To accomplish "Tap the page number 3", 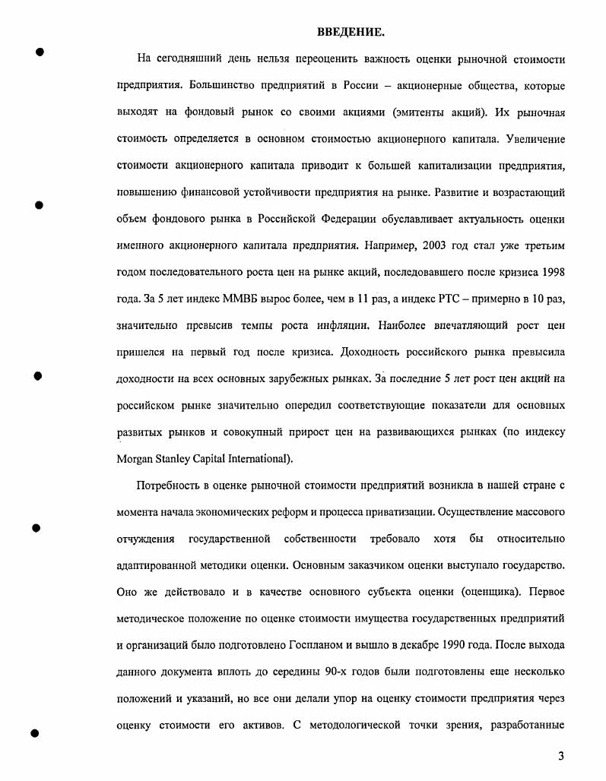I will [560, 756].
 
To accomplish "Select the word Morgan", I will [135, 459].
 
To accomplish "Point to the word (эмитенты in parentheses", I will [419, 112].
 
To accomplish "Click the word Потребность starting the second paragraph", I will [169, 485].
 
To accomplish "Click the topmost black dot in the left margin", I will [40, 52].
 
